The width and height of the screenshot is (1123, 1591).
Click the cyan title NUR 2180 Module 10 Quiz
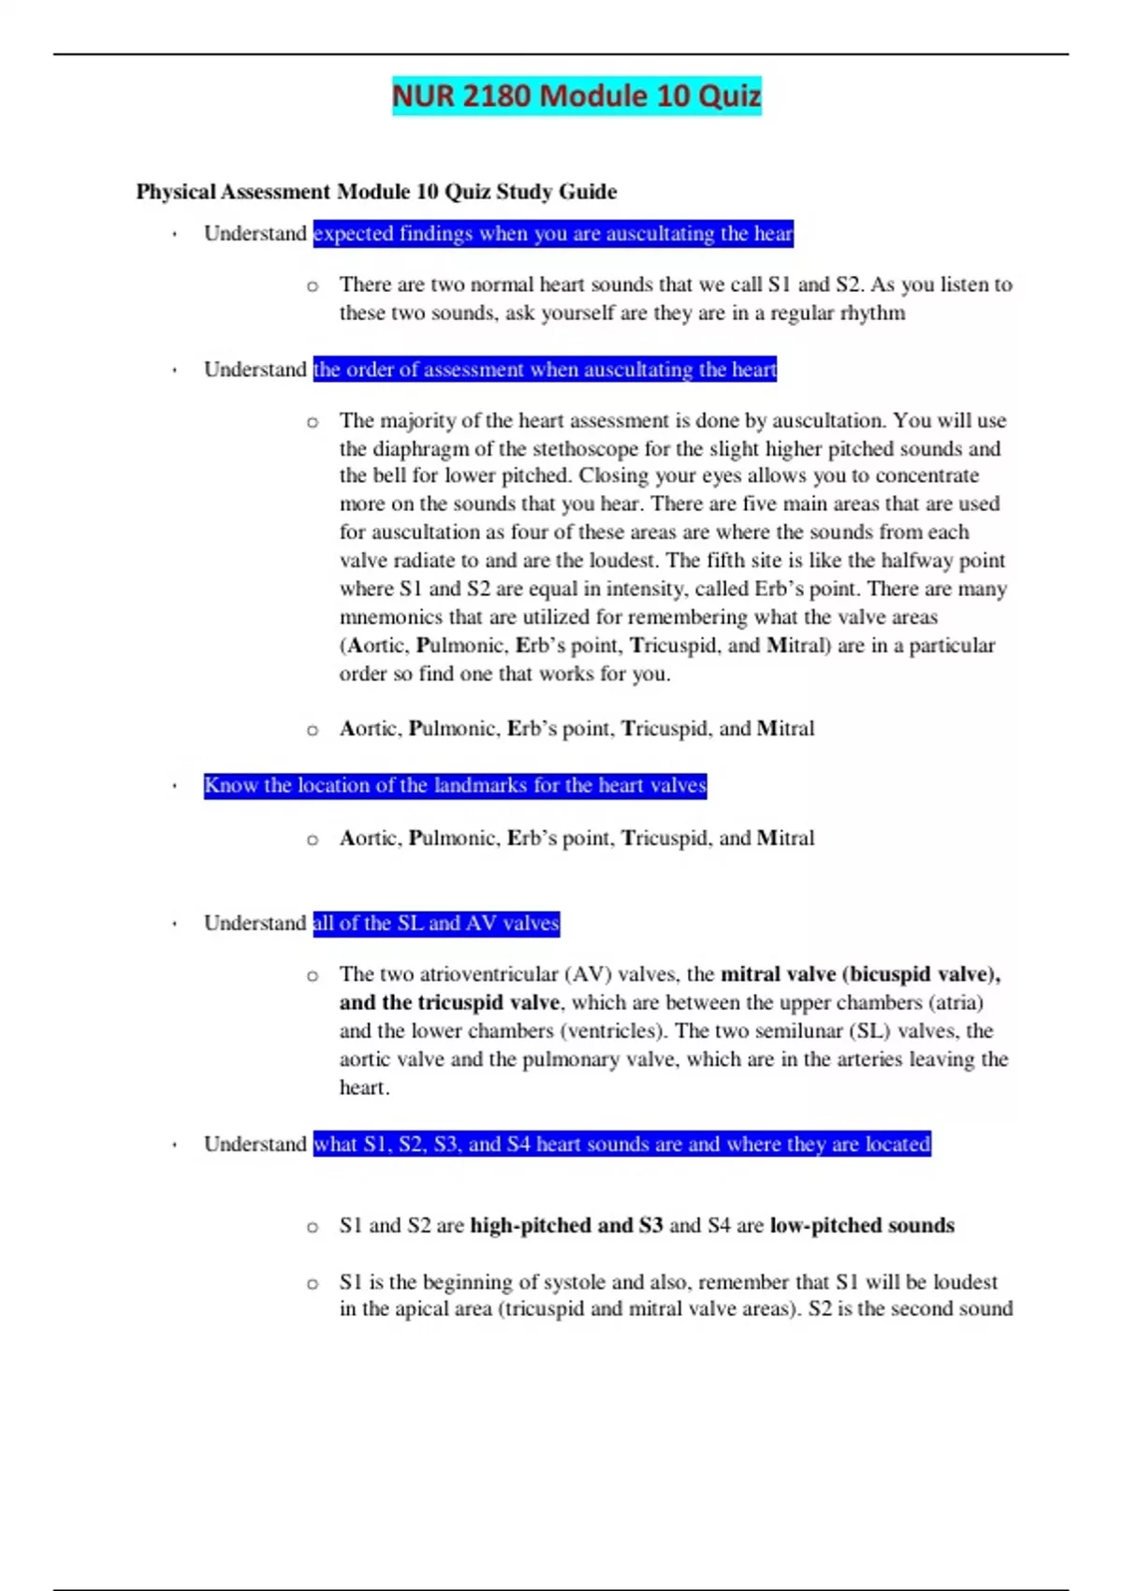(x=576, y=96)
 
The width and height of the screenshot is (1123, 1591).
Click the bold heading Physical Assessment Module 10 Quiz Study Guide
(x=376, y=192)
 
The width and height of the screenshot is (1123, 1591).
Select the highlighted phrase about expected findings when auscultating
(x=553, y=233)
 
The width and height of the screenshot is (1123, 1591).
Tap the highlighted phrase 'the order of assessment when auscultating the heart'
(x=545, y=370)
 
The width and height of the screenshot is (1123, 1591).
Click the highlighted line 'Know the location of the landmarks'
(x=455, y=785)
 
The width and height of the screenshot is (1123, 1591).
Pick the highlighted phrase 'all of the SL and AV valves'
(x=436, y=924)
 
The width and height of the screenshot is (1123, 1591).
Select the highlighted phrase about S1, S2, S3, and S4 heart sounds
(x=621, y=1144)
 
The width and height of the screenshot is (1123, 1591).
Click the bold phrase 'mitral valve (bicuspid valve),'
(x=860, y=974)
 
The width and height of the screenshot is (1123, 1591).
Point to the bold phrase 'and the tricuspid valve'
(x=449, y=1002)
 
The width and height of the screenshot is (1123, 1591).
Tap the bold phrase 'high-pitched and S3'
(x=566, y=1225)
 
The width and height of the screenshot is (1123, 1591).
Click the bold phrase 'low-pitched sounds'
(x=862, y=1225)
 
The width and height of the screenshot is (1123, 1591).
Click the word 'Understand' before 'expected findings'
(x=255, y=233)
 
